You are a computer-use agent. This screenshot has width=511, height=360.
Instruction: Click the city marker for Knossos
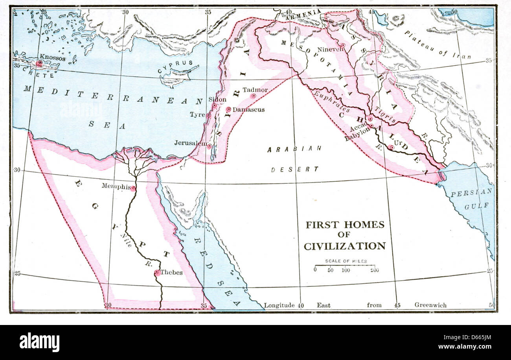point(39,63)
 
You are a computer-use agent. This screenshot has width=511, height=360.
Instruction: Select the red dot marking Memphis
point(133,188)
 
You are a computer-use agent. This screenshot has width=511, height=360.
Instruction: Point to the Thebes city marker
point(157,272)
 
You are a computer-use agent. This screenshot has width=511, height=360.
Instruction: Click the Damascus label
point(248,110)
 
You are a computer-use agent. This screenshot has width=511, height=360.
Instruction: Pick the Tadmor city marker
point(254,96)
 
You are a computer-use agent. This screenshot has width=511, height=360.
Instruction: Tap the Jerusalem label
point(190,143)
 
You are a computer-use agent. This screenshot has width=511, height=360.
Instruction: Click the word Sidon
point(217,100)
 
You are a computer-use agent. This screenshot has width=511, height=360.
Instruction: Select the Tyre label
point(197,115)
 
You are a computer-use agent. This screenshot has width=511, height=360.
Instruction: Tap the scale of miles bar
point(345,266)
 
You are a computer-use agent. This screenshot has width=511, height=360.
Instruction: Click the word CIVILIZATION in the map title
point(345,246)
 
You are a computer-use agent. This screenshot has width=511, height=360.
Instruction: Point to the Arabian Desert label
point(294,159)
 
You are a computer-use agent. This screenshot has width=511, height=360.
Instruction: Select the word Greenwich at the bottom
point(430,305)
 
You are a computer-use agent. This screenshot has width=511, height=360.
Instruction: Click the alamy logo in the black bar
point(39,342)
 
